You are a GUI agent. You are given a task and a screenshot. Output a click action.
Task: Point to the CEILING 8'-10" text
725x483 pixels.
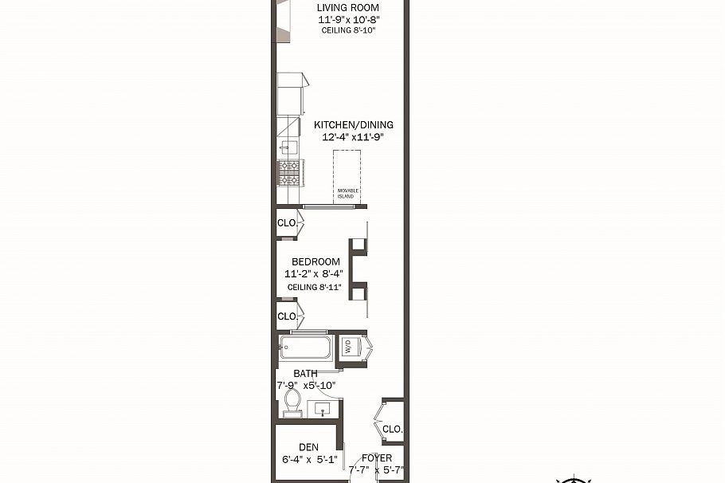pyautogui.click(x=347, y=30)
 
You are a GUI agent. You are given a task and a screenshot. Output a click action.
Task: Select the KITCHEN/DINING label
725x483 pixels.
pyautogui.click(x=354, y=125)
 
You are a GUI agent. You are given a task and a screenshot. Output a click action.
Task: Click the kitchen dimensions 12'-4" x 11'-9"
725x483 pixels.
pyautogui.click(x=353, y=137)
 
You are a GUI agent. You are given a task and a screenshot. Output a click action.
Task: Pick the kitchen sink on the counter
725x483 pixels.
pyautogui.click(x=288, y=147)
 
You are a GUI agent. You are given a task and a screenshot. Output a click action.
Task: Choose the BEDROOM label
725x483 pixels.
pyautogui.click(x=315, y=262)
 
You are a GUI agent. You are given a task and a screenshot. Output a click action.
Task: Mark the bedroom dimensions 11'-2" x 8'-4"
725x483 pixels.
pyautogui.click(x=315, y=274)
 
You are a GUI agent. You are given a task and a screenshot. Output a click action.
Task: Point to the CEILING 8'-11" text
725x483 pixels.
pyautogui.click(x=315, y=287)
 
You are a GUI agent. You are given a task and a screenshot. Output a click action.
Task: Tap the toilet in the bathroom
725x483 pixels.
pyautogui.click(x=292, y=402)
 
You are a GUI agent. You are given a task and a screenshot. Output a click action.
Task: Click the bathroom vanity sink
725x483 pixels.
pyautogui.click(x=322, y=409)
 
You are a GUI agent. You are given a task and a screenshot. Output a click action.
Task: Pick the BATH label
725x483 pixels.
pyautogui.click(x=305, y=373)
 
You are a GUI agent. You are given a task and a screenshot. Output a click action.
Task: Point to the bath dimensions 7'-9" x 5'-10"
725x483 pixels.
pyautogui.click(x=306, y=386)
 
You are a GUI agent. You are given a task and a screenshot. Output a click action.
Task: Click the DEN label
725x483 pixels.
pyautogui.click(x=309, y=447)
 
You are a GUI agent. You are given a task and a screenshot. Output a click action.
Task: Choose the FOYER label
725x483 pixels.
pyautogui.click(x=377, y=458)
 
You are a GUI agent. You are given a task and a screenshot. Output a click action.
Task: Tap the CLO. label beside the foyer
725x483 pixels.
pyautogui.click(x=392, y=429)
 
